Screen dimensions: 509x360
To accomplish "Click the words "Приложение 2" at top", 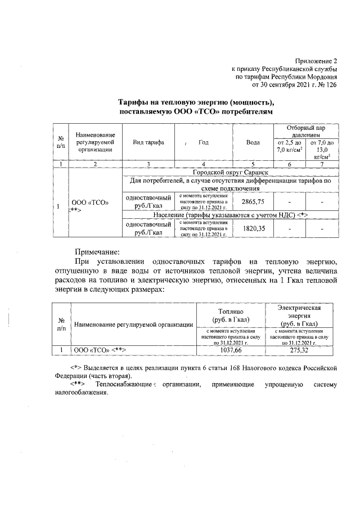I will click(x=316, y=60).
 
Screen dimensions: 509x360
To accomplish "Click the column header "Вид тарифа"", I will click(x=148, y=143).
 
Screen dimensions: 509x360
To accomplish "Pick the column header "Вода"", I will click(x=253, y=143).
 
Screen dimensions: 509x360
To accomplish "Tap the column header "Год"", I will click(x=203, y=143).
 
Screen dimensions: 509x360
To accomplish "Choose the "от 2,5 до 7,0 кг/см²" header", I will click(x=289, y=150).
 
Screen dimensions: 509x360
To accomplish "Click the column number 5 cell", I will click(x=253, y=164).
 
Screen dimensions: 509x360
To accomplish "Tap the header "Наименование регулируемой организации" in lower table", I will click(x=134, y=325).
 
